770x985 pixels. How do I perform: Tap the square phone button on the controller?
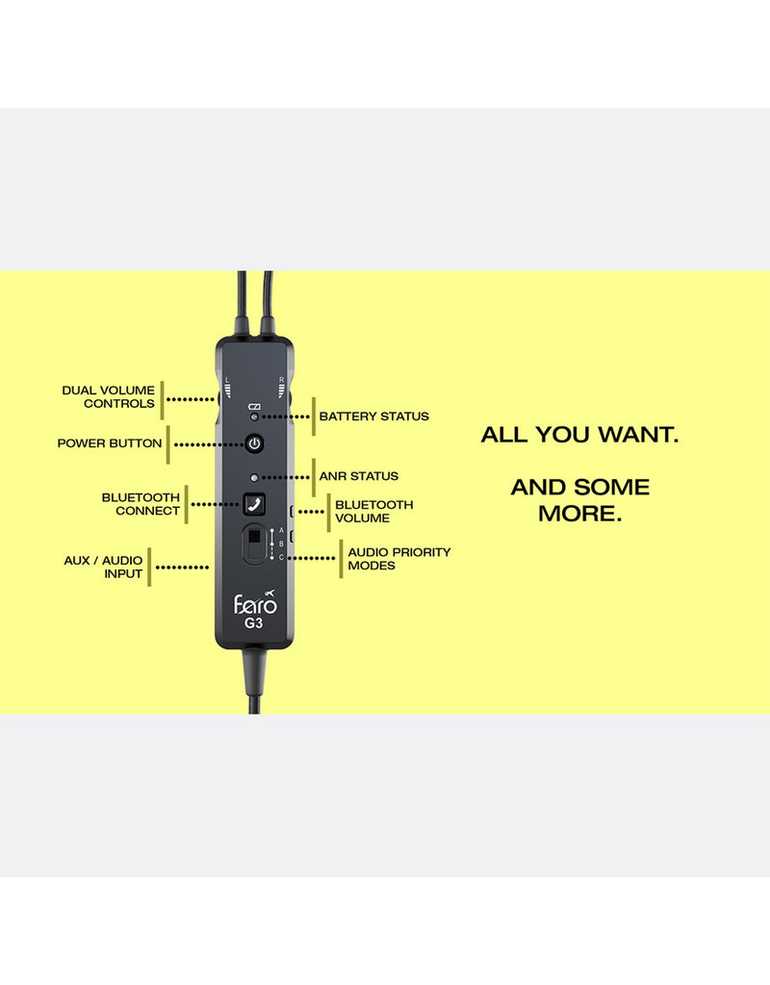(254, 502)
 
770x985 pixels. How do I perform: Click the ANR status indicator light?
(254, 477)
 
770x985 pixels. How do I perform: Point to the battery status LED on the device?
(254, 417)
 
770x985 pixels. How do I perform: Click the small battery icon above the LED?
(254, 407)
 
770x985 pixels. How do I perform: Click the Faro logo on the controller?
(255, 604)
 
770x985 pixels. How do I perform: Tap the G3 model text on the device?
(254, 623)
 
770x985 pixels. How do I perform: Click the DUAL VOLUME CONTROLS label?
(108, 397)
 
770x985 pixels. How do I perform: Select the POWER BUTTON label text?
(109, 444)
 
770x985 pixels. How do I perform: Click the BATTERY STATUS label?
(373, 417)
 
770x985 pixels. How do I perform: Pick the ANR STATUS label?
(358, 476)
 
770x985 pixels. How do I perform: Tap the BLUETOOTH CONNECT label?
(141, 504)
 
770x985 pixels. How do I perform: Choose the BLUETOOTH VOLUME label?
(373, 511)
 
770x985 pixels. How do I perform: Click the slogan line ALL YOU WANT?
(579, 435)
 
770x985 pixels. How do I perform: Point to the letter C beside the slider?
(281, 558)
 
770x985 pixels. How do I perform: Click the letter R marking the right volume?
(280, 381)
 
